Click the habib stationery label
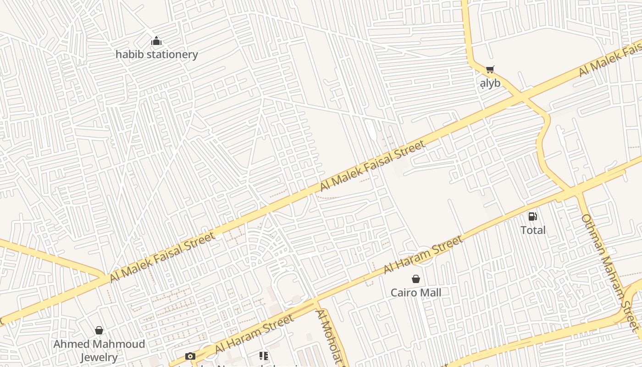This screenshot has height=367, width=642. coord(156,54)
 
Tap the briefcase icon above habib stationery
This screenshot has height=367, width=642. coord(156,41)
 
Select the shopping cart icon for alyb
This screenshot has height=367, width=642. coord(490,70)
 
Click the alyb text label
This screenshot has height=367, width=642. coord(490,83)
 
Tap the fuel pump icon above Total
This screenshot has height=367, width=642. coord(532,217)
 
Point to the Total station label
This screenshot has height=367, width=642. coord(533,230)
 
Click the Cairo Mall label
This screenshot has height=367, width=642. coord(416,292)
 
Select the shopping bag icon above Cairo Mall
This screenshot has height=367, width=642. coord(416,279)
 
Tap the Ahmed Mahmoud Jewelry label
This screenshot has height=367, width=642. coord(99,350)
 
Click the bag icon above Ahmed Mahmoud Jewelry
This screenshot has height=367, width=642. coord(99,330)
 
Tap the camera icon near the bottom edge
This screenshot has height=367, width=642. coord(190,356)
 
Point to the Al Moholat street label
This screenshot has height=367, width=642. coord(329,337)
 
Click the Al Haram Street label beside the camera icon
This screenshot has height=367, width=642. coord(254,334)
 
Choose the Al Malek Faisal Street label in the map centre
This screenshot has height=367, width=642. coord(372,166)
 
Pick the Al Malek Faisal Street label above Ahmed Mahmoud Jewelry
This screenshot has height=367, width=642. coord(162,257)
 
